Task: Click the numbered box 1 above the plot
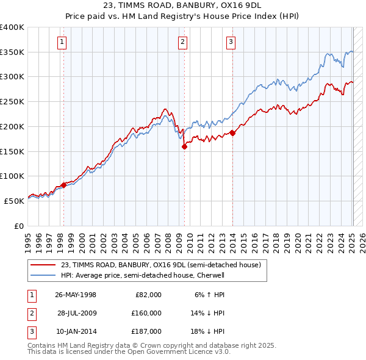(63, 42)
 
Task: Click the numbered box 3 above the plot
(231, 42)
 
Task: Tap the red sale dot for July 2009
(184, 146)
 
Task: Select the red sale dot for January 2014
(232, 133)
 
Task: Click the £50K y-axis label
(13, 200)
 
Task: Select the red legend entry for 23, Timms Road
(160, 265)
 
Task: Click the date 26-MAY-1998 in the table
(76, 295)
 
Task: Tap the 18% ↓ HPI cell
(208, 331)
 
